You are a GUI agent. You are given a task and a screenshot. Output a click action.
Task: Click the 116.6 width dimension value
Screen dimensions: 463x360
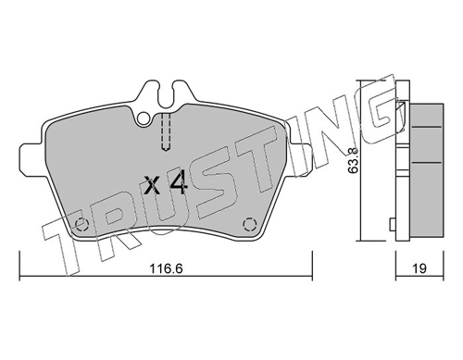coord(166,268)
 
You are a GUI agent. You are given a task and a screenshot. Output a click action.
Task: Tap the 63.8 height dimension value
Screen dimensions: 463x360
coord(354,160)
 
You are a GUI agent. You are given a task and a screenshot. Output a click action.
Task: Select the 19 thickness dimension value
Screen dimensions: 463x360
coord(419,268)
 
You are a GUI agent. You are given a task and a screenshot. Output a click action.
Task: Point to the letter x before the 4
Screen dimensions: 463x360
coord(152,187)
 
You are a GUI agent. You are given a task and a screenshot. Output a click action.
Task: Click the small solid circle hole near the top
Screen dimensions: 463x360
coord(144,118)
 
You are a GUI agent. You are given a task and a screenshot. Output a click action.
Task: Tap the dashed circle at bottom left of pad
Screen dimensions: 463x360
coord(82,224)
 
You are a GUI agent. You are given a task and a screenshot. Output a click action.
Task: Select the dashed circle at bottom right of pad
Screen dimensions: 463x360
coord(249,224)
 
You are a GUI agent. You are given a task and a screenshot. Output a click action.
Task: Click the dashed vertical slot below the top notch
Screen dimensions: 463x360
coord(166,132)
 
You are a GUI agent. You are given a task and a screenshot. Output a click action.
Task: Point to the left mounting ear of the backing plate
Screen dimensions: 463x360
coord(31,157)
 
